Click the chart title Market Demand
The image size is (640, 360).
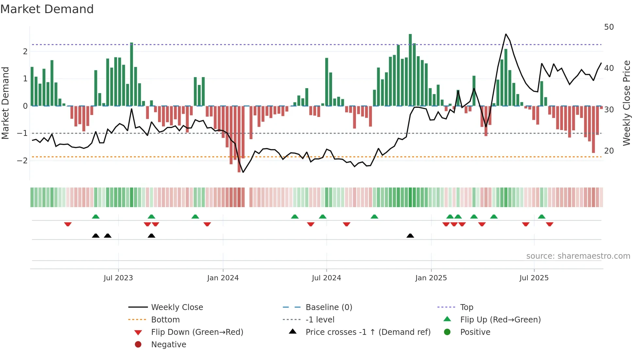click(x=47, y=9)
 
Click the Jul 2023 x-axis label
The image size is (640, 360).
click(x=118, y=278)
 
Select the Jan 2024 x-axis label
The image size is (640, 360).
click(x=223, y=278)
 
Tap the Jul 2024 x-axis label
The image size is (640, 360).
click(x=326, y=278)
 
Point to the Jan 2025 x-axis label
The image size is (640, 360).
click(x=431, y=278)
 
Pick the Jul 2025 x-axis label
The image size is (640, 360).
click(x=534, y=278)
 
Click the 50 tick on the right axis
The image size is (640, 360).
click(x=609, y=27)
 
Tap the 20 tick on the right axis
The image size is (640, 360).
click(x=609, y=151)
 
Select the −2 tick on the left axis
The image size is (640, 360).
click(x=22, y=160)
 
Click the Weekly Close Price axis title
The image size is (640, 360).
click(x=626, y=103)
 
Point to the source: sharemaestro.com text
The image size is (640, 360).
click(x=578, y=256)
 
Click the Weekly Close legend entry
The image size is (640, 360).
click(x=177, y=307)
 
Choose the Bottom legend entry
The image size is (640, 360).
click(x=165, y=319)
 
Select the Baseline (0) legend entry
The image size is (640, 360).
click(x=328, y=307)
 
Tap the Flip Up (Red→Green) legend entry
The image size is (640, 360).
click(x=500, y=319)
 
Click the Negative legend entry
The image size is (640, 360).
click(x=168, y=344)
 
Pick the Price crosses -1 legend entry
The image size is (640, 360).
click(x=368, y=332)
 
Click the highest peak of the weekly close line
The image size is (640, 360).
click(x=506, y=34)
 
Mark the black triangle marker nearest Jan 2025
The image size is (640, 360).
click(x=410, y=236)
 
